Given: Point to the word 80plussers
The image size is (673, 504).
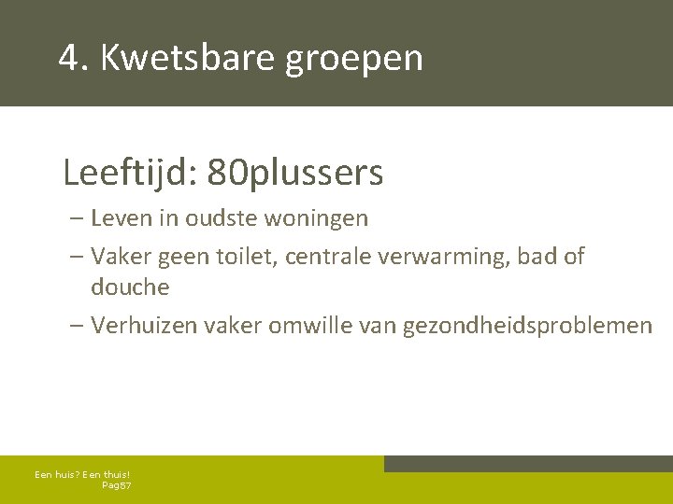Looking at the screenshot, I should [295, 173].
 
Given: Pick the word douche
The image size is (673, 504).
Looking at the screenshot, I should [130, 287].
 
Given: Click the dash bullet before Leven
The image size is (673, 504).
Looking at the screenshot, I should [76, 219].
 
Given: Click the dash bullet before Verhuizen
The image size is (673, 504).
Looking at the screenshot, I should [76, 326].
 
